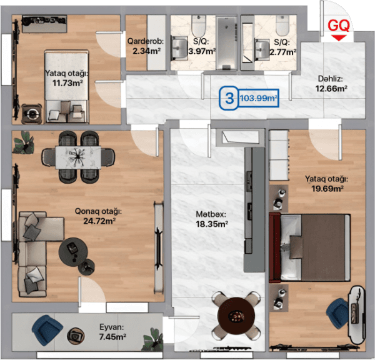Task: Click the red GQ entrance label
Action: coord(338,25)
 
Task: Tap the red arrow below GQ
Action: coord(339,37)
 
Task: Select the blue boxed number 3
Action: coord(229,98)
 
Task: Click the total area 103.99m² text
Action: coord(258,98)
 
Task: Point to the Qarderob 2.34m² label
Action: coord(146,46)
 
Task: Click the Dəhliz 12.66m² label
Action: coord(331,84)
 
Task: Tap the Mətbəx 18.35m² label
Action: coord(212,219)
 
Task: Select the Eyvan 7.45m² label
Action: coord(112,332)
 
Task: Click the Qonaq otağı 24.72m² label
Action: coord(99,216)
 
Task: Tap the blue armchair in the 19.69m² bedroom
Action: coord(337,314)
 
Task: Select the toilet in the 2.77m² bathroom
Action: coord(282,26)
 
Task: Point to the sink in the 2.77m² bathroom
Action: coord(262,49)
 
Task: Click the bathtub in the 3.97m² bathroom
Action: coord(226,42)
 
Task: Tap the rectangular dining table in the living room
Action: coord(77,157)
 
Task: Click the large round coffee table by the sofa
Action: coord(73,251)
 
